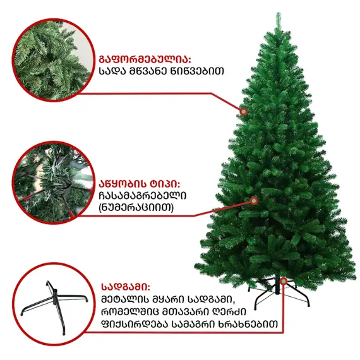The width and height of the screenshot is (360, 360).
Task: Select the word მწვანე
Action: click(150, 71)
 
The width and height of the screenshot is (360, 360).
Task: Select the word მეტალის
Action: click(125, 299)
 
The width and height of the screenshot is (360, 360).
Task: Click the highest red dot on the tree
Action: click(243, 111)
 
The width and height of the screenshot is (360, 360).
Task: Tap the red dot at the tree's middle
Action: click(254, 200)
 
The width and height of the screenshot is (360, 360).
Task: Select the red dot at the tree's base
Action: click(284, 280)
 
